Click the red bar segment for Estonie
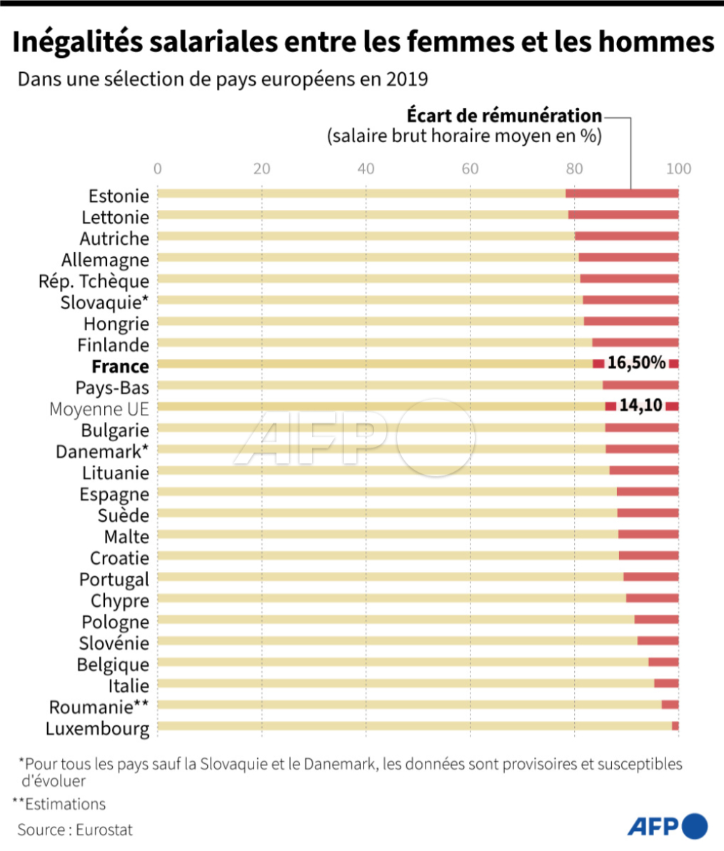(x=621, y=193)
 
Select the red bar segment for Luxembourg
(x=675, y=726)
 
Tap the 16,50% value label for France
(x=636, y=363)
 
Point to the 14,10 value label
(x=640, y=406)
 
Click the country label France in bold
(x=120, y=366)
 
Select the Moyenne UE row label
(x=99, y=409)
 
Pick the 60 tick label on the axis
(x=470, y=169)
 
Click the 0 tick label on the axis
(x=158, y=169)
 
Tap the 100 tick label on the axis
(x=678, y=169)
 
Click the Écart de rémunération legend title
(x=504, y=116)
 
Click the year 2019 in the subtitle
(x=406, y=79)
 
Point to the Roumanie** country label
(x=99, y=707)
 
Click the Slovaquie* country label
(x=105, y=302)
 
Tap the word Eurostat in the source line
(x=104, y=830)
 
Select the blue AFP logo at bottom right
(x=667, y=827)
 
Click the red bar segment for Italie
(x=665, y=683)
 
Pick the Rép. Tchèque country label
(x=94, y=281)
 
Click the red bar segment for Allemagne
(x=628, y=257)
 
